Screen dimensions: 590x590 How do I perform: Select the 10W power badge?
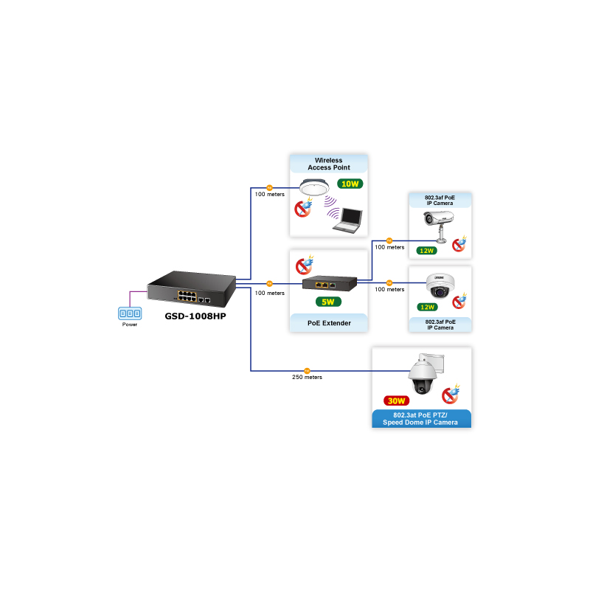349,184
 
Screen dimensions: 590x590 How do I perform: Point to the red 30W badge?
397,401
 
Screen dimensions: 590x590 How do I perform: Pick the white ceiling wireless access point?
319,189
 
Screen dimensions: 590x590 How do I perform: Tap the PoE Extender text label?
328,323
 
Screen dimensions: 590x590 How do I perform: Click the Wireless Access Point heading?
328,164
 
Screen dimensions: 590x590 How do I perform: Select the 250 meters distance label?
308,378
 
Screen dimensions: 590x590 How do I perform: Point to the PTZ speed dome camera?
424,378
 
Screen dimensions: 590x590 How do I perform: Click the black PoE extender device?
328,282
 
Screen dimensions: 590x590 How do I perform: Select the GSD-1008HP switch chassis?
190,288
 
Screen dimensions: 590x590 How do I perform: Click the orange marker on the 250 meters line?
308,370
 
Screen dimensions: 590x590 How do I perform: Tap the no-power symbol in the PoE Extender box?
303,265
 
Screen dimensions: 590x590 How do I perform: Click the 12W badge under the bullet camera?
426,251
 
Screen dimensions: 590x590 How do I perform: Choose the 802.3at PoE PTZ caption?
422,419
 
